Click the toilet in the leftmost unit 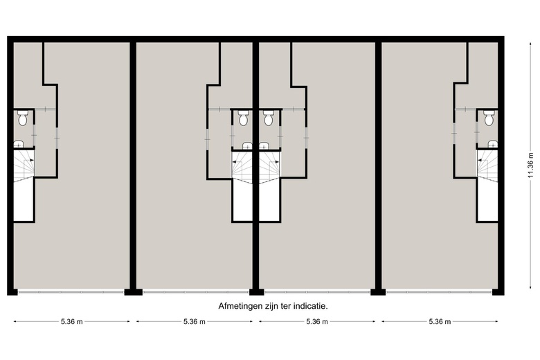23,120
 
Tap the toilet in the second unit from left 243,119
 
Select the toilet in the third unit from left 269,119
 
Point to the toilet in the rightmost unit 489,120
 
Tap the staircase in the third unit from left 269,166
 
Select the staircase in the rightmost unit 487,167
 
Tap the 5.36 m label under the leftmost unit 72,322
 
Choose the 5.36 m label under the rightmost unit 440,322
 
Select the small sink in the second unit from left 247,145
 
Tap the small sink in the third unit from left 264,145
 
